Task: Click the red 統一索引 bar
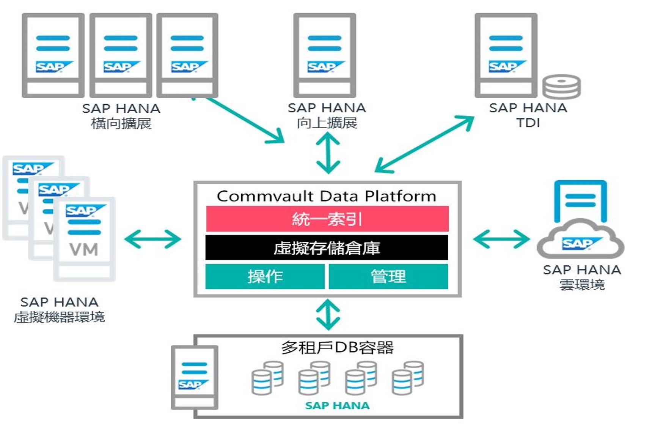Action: click(327, 219)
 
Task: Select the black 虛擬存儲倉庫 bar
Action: click(327, 247)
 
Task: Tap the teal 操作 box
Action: click(265, 276)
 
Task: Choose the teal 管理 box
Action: click(388, 276)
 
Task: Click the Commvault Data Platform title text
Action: click(327, 196)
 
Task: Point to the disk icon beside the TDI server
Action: click(561, 87)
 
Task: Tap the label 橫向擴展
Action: click(121, 123)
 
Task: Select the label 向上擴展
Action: click(327, 123)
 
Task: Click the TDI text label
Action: click(528, 123)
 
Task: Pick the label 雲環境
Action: click(582, 285)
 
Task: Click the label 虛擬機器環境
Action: click(60, 317)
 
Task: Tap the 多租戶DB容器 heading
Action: click(337, 347)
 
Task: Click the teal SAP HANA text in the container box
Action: click(337, 405)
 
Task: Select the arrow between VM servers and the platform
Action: click(153, 239)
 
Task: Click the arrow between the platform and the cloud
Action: click(501, 239)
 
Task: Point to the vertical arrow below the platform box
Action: click(328, 315)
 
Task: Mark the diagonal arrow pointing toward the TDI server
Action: click(424, 144)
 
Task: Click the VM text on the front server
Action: click(84, 249)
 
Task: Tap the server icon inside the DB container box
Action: click(195, 377)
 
